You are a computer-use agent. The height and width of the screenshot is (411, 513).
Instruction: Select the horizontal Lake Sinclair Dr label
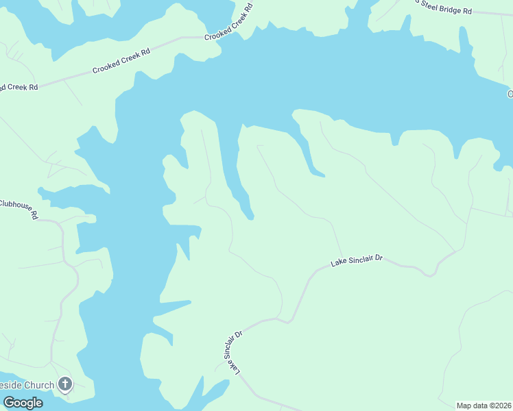click(x=357, y=261)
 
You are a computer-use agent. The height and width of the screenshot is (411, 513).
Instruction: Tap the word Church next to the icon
click(x=39, y=385)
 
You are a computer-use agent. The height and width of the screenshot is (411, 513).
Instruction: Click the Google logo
click(x=23, y=403)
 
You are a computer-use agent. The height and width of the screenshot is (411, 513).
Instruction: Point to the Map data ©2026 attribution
click(x=484, y=406)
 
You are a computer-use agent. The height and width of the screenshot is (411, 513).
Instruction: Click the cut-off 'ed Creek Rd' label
click(x=19, y=88)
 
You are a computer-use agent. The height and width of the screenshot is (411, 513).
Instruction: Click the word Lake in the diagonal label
click(x=235, y=367)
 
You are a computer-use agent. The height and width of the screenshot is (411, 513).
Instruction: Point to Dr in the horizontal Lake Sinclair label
click(x=378, y=259)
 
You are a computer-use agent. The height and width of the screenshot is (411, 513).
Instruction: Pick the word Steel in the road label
click(x=431, y=6)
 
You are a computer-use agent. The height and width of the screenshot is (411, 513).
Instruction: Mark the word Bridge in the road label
click(x=452, y=9)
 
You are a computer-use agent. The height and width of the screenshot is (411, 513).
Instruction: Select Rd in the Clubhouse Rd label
click(x=34, y=214)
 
